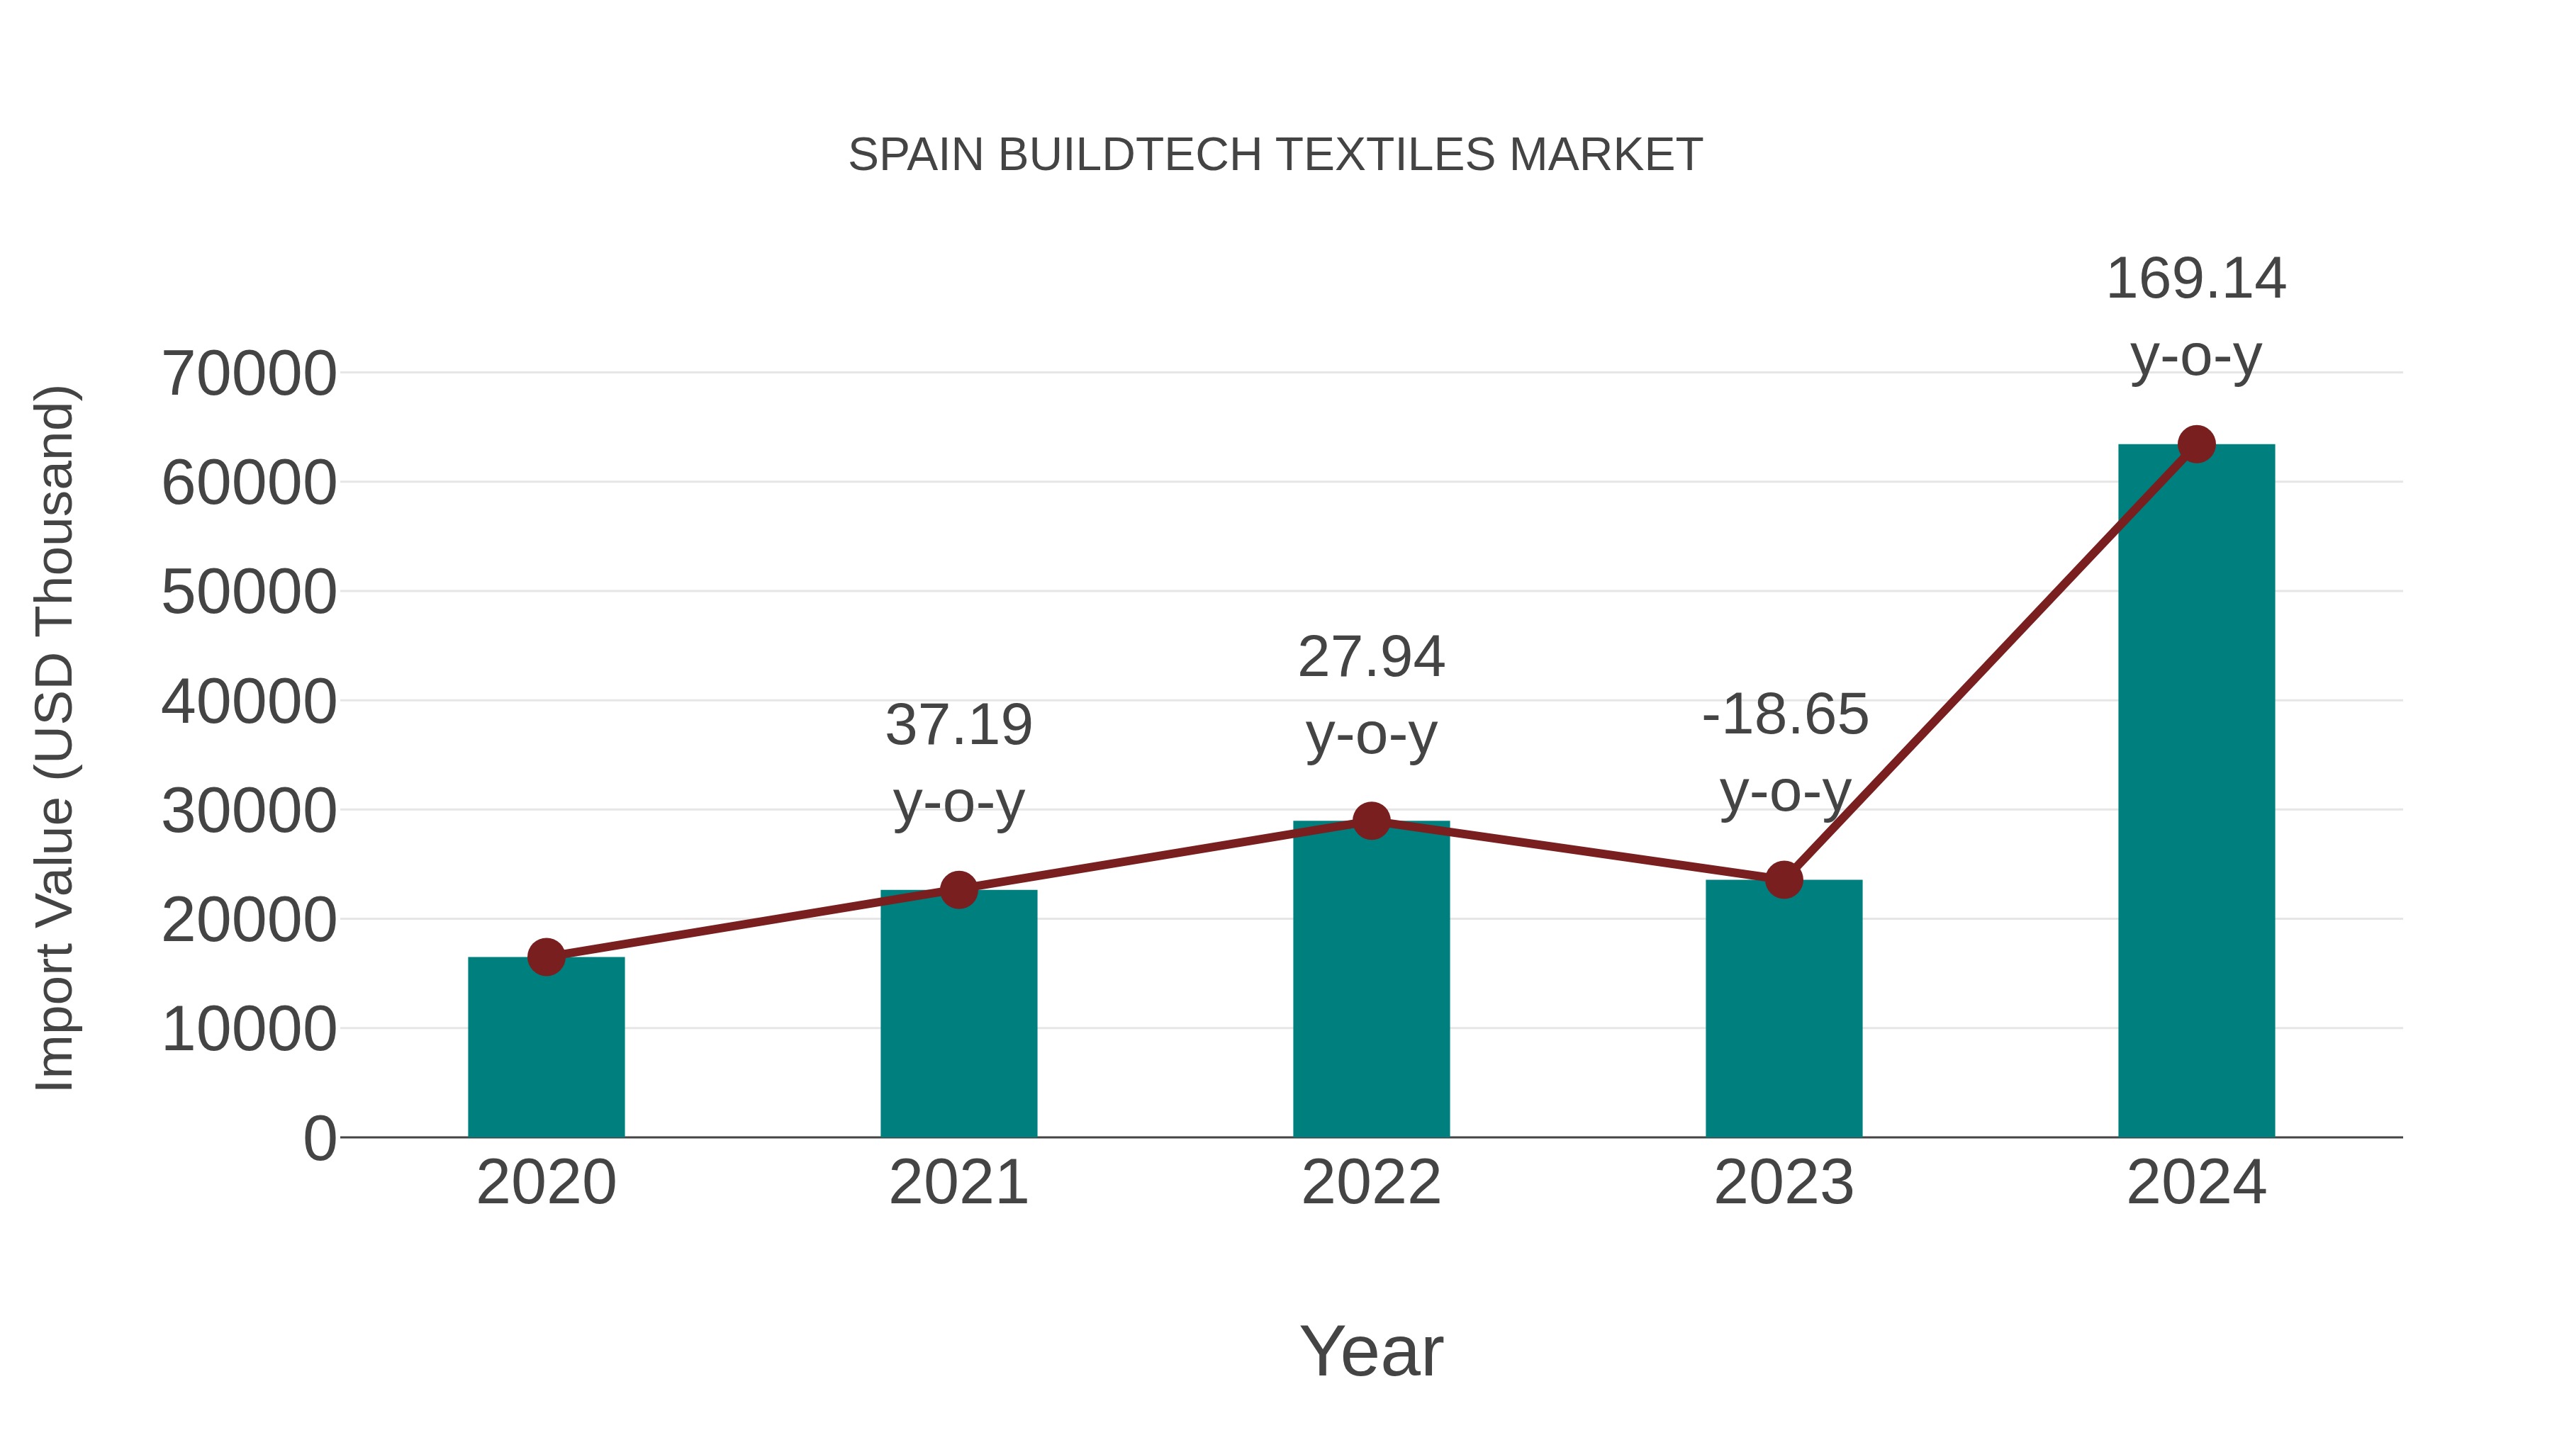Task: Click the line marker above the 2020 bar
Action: [546, 957]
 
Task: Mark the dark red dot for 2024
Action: [2196, 444]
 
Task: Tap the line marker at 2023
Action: [1784, 879]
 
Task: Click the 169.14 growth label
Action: [2195, 278]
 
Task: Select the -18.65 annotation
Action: [1784, 714]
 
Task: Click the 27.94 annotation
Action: [1371, 657]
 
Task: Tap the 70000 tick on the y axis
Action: [249, 374]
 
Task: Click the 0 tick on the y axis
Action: [320, 1138]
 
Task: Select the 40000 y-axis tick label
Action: [249, 702]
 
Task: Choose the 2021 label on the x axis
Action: [958, 1183]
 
